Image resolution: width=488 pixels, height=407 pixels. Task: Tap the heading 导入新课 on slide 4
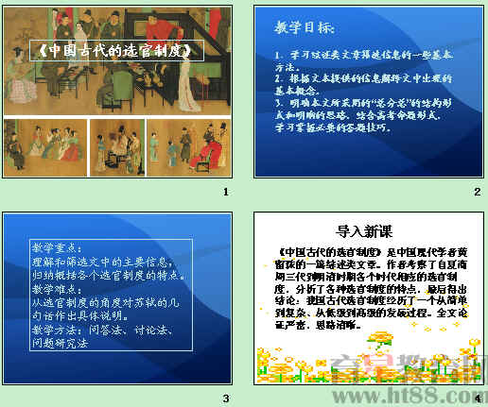[x=362, y=230]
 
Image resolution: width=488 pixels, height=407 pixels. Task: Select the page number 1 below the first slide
[x=224, y=193]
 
